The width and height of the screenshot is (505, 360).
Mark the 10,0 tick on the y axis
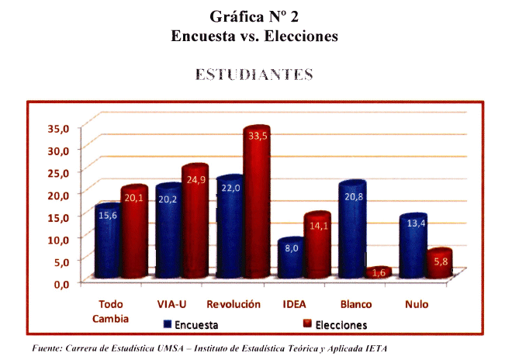59,238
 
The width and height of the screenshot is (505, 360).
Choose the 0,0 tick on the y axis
62,283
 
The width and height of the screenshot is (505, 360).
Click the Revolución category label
233,304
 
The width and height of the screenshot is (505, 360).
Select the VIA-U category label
170,304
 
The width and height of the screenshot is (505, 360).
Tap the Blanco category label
356,304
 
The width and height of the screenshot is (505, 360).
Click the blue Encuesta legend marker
167,324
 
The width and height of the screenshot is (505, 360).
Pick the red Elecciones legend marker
306,324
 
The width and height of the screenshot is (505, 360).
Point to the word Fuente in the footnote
47,348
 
